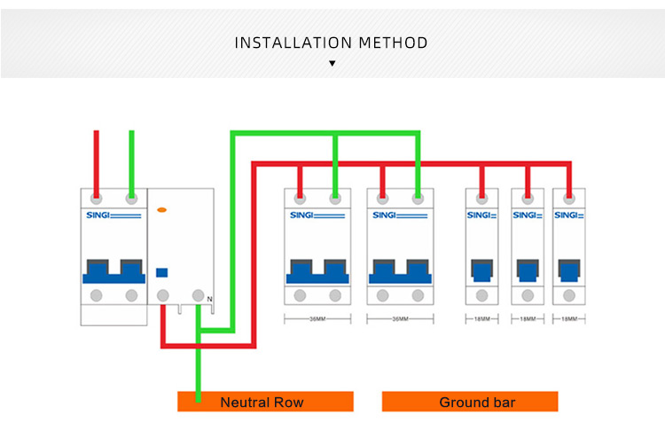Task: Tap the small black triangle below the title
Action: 332,64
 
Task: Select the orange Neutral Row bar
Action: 265,403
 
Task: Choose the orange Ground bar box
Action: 470,403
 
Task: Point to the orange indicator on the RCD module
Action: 161,209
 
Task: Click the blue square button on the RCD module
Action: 162,273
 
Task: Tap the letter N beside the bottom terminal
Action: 210,300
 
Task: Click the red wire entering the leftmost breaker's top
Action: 97,160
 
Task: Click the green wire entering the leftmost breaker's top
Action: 131,160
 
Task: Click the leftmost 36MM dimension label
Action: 317,318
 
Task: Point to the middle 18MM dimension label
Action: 528,318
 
